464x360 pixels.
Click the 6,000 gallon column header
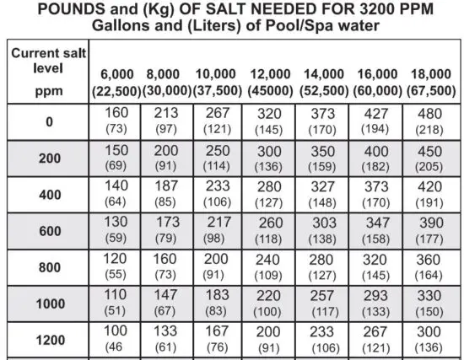coord(116,82)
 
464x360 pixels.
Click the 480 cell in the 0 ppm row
coord(429,121)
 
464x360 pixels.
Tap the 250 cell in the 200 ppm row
coord(219,158)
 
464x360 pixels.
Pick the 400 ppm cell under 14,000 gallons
coord(323,195)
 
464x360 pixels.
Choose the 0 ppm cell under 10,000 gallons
coord(219,121)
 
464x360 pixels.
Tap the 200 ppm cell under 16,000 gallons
coord(376,158)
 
